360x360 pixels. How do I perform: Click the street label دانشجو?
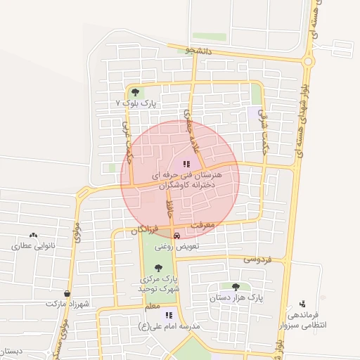pos(199,50)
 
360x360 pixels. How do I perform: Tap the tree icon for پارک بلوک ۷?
pos(134,91)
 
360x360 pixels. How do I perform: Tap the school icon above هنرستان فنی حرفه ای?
pos(186,164)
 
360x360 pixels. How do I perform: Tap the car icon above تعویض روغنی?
pos(176,236)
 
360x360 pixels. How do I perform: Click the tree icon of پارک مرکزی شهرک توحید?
pos(157,267)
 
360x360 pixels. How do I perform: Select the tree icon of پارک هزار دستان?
pos(235,286)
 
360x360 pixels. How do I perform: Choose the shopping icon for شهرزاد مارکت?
pos(67,294)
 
